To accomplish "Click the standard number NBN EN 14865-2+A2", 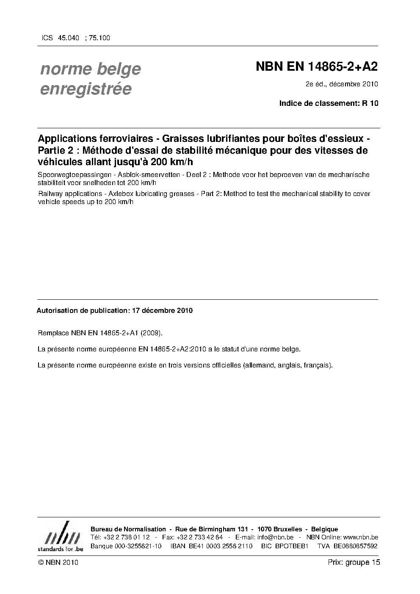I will click(317, 66).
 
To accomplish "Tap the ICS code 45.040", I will click(69, 38).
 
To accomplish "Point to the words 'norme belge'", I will click(90, 69).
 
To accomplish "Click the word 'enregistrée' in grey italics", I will click(86, 89).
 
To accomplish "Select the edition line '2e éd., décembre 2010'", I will click(342, 84).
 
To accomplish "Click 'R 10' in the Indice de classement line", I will click(370, 103).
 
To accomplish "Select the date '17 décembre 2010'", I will click(163, 310).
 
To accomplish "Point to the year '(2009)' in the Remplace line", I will click(152, 333).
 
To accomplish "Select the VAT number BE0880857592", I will click(355, 546).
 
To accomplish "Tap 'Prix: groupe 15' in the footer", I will click(354, 562).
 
